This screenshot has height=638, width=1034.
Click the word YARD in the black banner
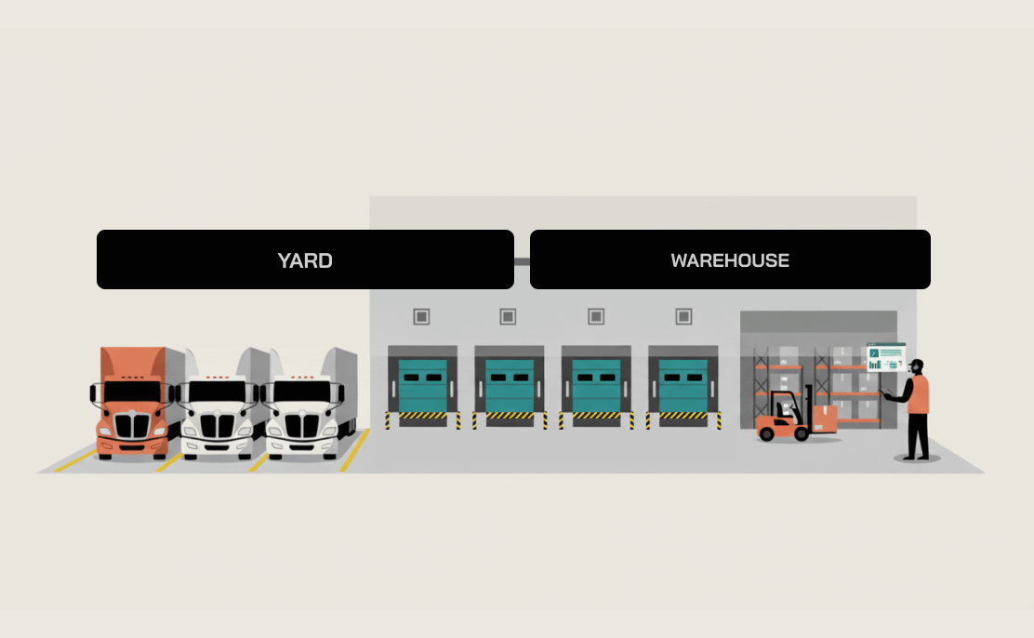(305, 260)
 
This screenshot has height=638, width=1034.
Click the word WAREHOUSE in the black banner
(730, 260)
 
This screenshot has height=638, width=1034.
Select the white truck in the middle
(218, 409)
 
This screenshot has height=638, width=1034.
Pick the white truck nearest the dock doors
(303, 409)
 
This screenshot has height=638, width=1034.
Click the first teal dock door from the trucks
(422, 385)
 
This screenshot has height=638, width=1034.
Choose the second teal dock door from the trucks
(509, 385)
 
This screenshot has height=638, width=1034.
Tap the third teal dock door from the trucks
(596, 385)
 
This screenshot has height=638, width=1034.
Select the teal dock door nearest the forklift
(683, 385)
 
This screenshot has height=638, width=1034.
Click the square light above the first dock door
(421, 317)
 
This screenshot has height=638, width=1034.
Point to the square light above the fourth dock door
(683, 317)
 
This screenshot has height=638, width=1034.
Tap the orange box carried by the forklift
(825, 417)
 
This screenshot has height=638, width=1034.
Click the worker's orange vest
(919, 394)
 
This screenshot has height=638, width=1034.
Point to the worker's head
(917, 366)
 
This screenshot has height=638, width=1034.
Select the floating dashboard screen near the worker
(885, 357)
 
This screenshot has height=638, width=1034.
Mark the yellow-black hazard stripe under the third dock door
(596, 416)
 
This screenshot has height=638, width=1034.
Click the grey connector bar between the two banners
(522, 260)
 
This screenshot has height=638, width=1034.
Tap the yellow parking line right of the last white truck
(354, 451)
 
